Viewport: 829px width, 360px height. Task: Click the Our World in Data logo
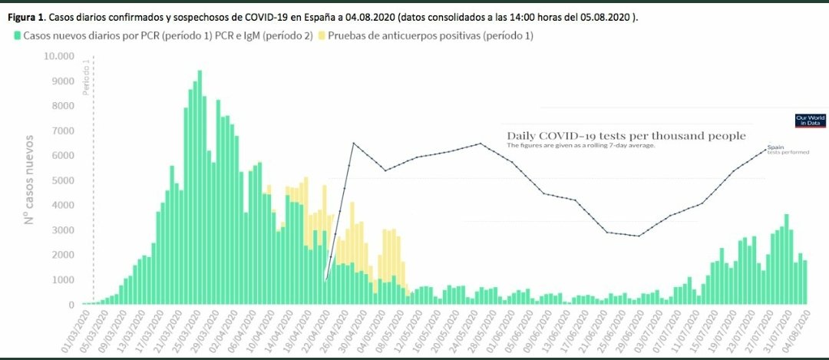click(x=809, y=120)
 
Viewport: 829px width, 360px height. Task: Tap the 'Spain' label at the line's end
click(x=775, y=147)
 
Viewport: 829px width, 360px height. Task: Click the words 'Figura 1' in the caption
click(x=23, y=17)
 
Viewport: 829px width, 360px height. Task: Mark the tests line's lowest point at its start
click(x=325, y=281)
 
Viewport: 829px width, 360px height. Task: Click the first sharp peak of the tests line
click(x=353, y=144)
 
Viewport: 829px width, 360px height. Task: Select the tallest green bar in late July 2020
click(x=786, y=259)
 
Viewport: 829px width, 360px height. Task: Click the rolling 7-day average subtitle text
click(x=581, y=146)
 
